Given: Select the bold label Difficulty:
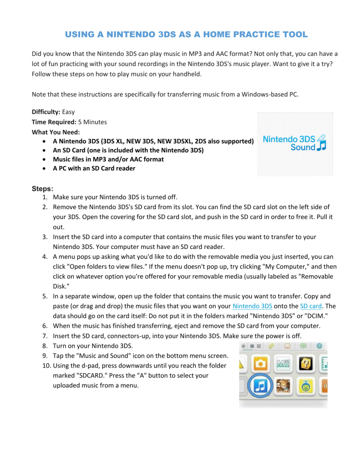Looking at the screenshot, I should coord(47,113).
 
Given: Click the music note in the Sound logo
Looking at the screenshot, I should coord(322,147).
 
